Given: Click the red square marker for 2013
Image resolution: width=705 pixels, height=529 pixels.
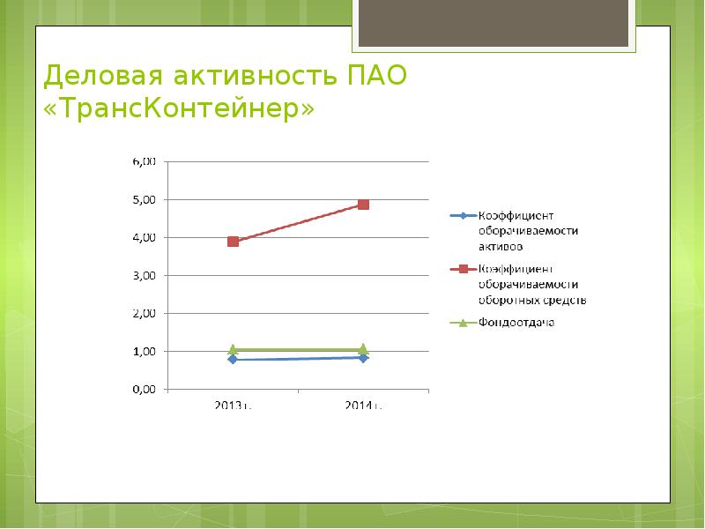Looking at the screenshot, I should pos(233,241).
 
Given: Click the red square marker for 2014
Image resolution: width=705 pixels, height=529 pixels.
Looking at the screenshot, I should pos(363,205).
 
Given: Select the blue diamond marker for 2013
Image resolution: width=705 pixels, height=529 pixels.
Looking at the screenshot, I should pos(233,359).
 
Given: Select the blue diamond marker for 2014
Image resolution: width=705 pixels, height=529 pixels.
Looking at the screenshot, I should pos(363,357).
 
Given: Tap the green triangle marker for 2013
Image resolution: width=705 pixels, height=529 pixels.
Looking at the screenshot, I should pos(233,349).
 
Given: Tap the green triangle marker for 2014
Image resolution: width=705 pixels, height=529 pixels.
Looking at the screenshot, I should pos(363,349).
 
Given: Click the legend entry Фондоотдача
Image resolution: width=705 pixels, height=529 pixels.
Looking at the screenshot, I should pos(516,323).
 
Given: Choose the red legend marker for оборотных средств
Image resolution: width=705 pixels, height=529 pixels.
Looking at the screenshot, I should pos(463,269).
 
